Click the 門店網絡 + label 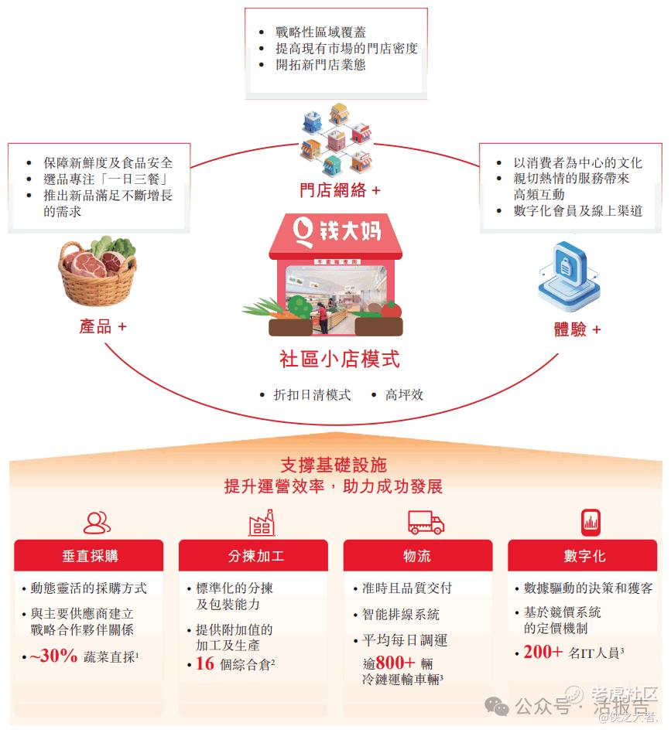[340, 190]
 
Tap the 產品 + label [103, 326]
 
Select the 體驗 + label [577, 329]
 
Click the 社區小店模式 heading [340, 359]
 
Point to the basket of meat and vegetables [97, 271]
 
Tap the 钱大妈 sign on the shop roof [337, 231]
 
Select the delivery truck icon [426, 522]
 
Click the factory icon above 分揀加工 [262, 522]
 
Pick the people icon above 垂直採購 [97, 523]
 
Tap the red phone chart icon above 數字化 [591, 522]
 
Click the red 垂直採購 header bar [89, 555]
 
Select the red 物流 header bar [418, 555]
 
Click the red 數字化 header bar [583, 555]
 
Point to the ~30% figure [53, 656]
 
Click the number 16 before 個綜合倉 [205, 663]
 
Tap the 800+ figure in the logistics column [395, 662]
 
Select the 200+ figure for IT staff [543, 652]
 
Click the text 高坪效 [404, 395]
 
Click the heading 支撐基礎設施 [334, 465]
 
